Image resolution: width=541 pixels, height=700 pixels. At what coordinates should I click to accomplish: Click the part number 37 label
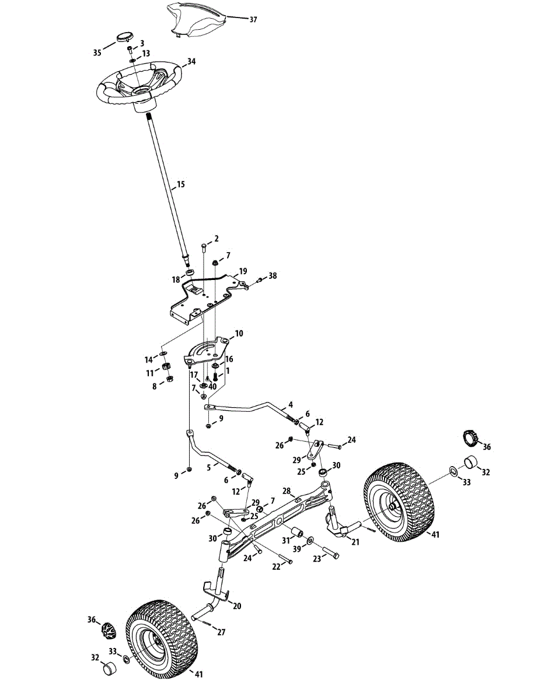(253, 20)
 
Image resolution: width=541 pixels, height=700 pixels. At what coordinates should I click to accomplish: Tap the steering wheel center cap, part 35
(123, 36)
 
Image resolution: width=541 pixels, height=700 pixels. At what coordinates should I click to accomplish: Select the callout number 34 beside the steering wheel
(191, 61)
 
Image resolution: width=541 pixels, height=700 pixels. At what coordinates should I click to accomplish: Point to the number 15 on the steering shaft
(180, 184)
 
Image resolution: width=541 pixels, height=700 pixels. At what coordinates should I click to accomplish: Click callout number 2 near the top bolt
(216, 239)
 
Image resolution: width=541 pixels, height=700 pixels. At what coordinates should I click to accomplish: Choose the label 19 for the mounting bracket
(243, 271)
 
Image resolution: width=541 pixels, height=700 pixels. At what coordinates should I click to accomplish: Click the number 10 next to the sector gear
(239, 334)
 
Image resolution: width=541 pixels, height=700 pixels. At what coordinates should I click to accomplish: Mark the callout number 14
(149, 359)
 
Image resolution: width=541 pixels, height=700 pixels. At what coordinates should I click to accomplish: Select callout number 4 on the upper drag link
(290, 404)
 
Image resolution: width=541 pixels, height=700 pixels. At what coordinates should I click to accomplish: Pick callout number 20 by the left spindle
(236, 606)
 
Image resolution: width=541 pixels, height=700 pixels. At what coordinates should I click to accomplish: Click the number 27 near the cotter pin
(221, 632)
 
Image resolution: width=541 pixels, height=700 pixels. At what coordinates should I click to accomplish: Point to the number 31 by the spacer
(287, 541)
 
